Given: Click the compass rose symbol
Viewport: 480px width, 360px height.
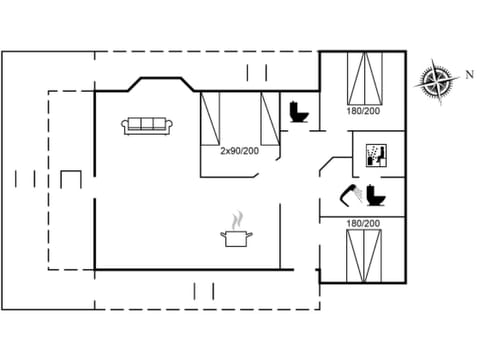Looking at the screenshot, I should (x=436, y=80).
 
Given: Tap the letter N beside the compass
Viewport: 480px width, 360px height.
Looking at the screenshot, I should (x=468, y=73).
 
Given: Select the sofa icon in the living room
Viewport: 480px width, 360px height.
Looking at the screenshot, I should (x=147, y=126).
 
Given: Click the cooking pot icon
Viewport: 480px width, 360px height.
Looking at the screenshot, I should (x=236, y=238).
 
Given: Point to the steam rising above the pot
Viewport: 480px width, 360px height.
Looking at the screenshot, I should (x=237, y=219).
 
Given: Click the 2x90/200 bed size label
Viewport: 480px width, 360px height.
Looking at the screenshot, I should (x=240, y=150).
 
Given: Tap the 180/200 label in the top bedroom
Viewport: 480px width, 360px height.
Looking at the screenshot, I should (x=363, y=110).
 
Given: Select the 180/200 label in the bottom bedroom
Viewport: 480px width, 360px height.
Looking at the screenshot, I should (x=363, y=223).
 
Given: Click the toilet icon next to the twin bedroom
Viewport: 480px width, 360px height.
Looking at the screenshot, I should (x=297, y=112).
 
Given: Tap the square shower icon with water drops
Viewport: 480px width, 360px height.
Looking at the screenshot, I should (x=376, y=155).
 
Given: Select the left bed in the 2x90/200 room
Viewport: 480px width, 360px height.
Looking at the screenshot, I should (x=210, y=118).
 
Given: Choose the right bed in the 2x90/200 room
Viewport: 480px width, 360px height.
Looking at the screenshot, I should (x=268, y=118).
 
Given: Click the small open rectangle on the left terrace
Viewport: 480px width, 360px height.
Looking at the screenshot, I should (x=70, y=179).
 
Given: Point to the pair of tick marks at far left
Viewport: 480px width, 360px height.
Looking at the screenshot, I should (x=27, y=179).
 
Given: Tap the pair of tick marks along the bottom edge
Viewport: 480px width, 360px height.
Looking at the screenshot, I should (x=203, y=291).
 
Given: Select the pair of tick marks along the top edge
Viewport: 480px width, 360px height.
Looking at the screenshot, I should (x=256, y=71).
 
